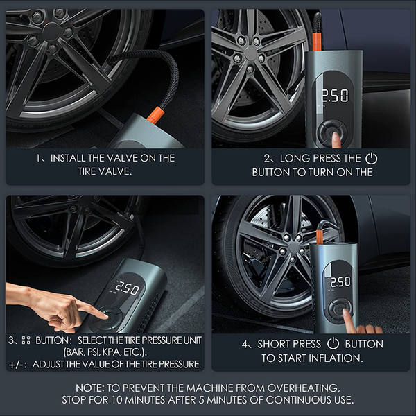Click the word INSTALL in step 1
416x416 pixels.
70,158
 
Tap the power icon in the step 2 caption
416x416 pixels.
372,158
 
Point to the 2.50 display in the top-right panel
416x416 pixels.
333,95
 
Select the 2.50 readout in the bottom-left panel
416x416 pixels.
127,286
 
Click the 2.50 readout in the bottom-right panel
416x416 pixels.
339,282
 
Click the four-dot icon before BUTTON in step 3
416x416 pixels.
26,340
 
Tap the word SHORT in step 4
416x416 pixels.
274,344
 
